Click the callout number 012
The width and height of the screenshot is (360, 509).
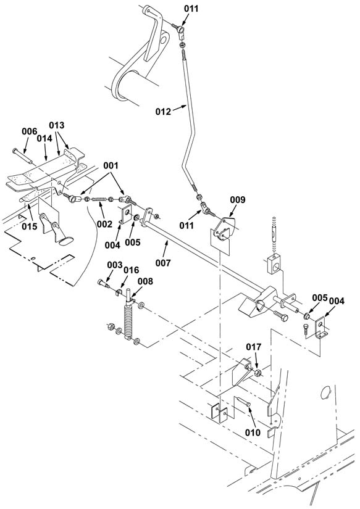pyautogui.click(x=163, y=112)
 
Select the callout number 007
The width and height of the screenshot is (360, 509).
pyautogui.click(x=163, y=263)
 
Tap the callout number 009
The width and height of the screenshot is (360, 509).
pyautogui.click(x=238, y=200)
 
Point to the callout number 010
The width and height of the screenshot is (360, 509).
pyautogui.click(x=253, y=432)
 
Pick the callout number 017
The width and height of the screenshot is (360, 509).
pyautogui.click(x=253, y=347)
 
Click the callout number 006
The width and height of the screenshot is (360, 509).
pyautogui.click(x=30, y=131)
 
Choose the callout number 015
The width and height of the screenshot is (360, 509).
pyautogui.click(x=30, y=226)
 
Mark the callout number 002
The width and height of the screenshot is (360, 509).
pyautogui.click(x=104, y=224)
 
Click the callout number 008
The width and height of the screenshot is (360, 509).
pyautogui.click(x=145, y=281)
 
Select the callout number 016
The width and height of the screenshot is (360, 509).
pyautogui.click(x=132, y=270)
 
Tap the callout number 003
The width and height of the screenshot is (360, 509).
pyautogui.click(x=115, y=265)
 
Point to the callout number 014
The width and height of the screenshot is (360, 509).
pyautogui.click(x=44, y=139)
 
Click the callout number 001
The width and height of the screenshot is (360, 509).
pyautogui.click(x=111, y=165)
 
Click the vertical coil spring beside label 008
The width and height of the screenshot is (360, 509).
pyautogui.click(x=128, y=321)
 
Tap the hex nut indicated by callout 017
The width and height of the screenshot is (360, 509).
pyautogui.click(x=258, y=373)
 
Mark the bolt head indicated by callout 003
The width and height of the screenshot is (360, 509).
pyautogui.click(x=101, y=283)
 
